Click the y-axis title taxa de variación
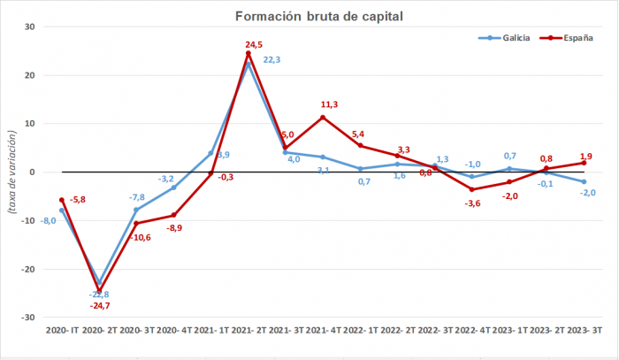[11, 172]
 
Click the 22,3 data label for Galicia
[273, 59]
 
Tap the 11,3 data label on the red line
[329, 104]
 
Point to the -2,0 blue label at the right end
[586, 193]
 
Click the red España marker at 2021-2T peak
[248, 53]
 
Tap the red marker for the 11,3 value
[323, 117]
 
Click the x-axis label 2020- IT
[62, 330]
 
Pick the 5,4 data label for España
[359, 134]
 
